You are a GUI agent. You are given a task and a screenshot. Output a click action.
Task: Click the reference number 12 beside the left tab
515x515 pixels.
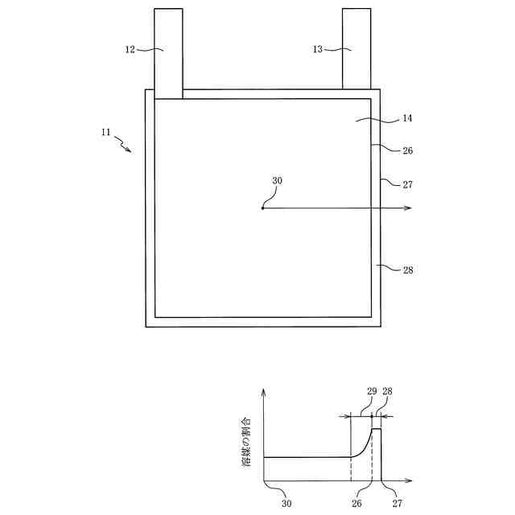tap(130, 49)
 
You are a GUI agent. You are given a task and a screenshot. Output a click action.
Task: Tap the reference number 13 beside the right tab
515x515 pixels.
tap(317, 49)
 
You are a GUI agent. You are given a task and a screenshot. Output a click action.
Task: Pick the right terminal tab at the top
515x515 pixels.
tap(356, 48)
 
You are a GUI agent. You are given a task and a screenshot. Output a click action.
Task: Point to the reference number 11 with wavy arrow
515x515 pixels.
tap(106, 133)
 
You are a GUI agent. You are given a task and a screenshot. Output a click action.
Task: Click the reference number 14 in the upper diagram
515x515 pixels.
tap(406, 118)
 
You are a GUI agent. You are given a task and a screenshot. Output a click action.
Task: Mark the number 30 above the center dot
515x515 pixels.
tap(276, 181)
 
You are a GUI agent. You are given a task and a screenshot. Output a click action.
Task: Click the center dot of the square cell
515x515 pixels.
tap(262, 208)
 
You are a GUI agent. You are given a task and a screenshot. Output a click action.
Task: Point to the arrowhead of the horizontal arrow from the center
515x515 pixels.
tap(409, 208)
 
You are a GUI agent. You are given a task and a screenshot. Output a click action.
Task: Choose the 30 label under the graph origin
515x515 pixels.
tap(286, 504)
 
